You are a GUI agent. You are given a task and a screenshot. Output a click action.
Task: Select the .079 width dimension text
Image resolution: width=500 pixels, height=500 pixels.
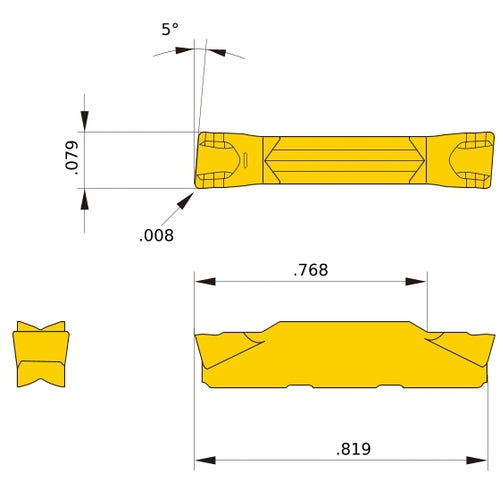[x=67, y=160]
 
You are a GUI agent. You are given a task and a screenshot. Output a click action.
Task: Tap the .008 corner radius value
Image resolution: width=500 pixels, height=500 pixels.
[x=157, y=236]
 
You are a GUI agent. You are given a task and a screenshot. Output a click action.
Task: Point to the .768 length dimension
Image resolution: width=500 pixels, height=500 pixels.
[x=311, y=270]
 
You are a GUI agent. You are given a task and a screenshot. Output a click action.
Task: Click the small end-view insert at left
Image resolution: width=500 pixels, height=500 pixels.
[x=40, y=355]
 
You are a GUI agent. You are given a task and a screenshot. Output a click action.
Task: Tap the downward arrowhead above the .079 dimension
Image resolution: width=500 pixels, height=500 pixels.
[x=84, y=121]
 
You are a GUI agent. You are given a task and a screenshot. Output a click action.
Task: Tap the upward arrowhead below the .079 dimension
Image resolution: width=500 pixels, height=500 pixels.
[x=84, y=199]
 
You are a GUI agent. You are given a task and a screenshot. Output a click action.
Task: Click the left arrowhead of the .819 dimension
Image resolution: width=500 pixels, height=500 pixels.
[x=204, y=461]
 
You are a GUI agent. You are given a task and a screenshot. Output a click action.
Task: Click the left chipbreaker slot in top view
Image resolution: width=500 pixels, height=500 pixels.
[x=242, y=160]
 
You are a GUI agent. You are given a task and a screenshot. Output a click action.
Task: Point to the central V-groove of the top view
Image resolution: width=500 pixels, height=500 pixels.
[x=344, y=160]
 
